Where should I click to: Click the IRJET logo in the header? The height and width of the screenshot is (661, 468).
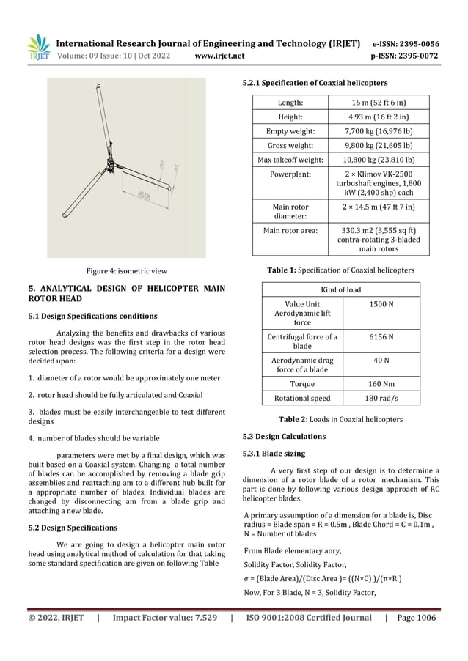coord(39,46)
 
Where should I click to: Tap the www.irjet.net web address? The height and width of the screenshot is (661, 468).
coord(220,54)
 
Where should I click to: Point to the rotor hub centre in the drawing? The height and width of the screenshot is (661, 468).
coord(109,159)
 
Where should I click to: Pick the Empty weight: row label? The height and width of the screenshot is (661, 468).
coord(292,131)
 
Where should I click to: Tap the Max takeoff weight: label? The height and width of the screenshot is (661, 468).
coord(292,159)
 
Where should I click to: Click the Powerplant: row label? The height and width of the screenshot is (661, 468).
coord(292,174)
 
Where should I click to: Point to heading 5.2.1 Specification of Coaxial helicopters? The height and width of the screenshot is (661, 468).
coord(315,82)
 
